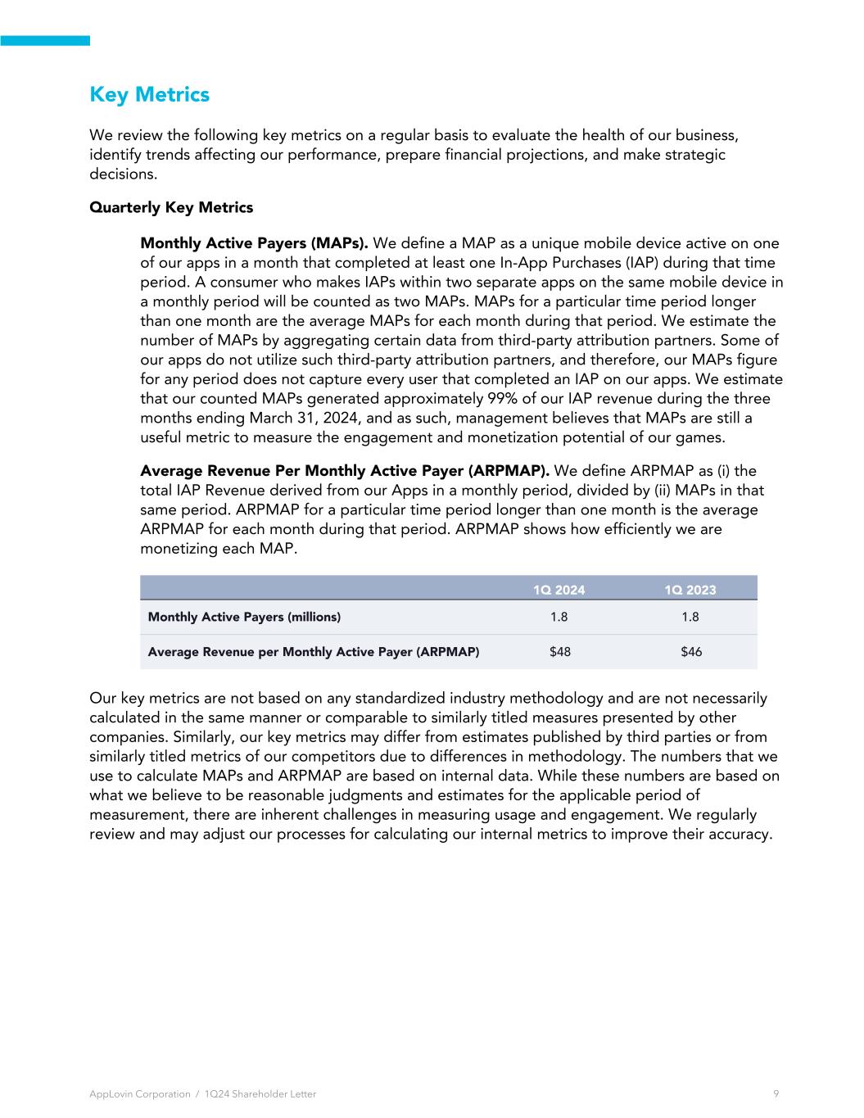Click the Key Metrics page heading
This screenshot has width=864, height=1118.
pyautogui.click(x=149, y=95)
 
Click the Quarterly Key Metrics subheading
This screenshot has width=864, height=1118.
pyautogui.click(x=171, y=207)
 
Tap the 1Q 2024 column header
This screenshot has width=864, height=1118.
pyautogui.click(x=559, y=590)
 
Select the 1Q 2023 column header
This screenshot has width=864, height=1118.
pyautogui.click(x=690, y=590)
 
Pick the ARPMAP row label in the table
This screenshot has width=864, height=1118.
pyautogui.click(x=313, y=652)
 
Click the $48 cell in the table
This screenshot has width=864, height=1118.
pyautogui.click(x=560, y=652)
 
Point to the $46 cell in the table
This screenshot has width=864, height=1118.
pyautogui.click(x=691, y=652)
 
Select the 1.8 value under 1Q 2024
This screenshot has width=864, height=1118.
pyautogui.click(x=559, y=617)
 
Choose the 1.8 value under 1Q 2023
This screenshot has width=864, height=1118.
pyautogui.click(x=690, y=617)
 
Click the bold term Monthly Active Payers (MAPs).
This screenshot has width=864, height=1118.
pyautogui.click(x=254, y=243)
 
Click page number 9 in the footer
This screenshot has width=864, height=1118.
pyautogui.click(x=776, y=1093)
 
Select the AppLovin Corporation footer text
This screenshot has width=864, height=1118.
pyautogui.click(x=139, y=1093)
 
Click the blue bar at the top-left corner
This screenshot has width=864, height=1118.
pyautogui.click(x=45, y=40)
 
